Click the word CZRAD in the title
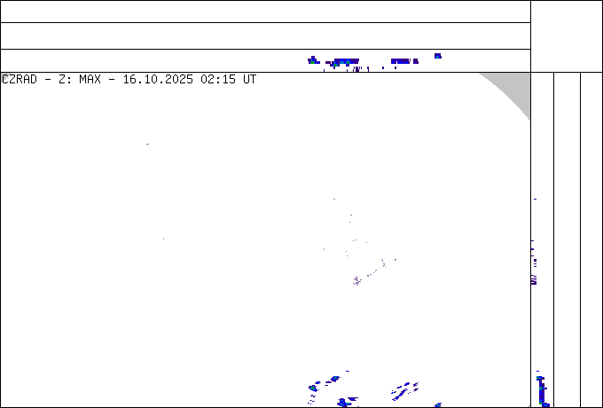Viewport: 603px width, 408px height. point(20,80)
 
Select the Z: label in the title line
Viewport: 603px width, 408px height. point(65,80)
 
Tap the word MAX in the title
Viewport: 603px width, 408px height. point(90,80)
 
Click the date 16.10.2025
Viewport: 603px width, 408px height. point(158,80)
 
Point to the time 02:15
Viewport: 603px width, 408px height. point(218,80)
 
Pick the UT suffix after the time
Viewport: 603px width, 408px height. point(249,80)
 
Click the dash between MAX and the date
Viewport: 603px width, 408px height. point(112,80)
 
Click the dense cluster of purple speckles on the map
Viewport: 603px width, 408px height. point(356,280)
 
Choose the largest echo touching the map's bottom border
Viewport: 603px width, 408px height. point(343,403)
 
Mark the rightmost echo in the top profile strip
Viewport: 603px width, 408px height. point(438,56)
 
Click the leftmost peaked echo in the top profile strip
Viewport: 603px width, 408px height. point(313,60)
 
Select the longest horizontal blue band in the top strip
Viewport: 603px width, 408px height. point(347,61)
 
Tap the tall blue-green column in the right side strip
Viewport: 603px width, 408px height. point(542,391)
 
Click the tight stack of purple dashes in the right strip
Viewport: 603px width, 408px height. point(534,280)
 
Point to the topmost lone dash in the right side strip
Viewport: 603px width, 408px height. point(535,200)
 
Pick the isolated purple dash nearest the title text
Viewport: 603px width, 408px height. point(148,145)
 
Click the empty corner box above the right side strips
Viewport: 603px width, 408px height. point(567,36)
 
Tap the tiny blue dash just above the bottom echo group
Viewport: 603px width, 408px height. point(348,371)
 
